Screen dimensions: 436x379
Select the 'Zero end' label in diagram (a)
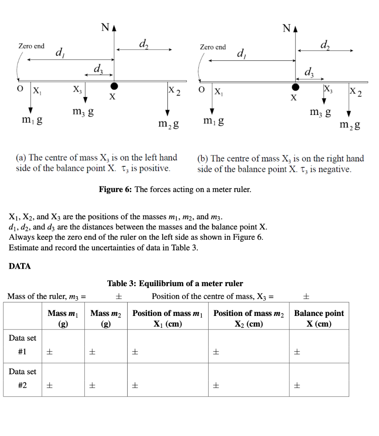point(31,46)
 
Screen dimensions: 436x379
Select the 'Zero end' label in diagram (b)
point(213,47)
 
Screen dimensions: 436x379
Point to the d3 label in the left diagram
point(98,68)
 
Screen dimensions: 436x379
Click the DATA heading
point(20,266)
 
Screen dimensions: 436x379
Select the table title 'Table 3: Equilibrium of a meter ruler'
point(175,284)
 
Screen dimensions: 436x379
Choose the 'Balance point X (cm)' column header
point(319,318)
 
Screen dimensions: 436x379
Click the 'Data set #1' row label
point(23,345)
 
